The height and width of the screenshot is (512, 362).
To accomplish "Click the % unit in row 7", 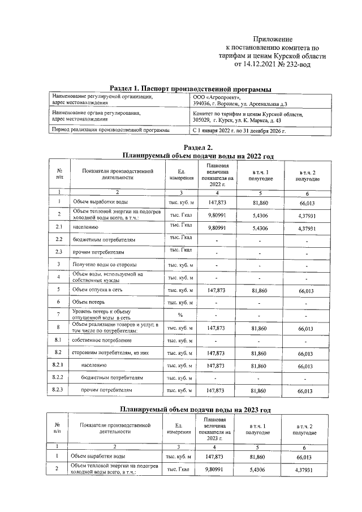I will (180, 315).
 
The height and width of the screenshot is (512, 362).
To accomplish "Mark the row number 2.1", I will (59, 227).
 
